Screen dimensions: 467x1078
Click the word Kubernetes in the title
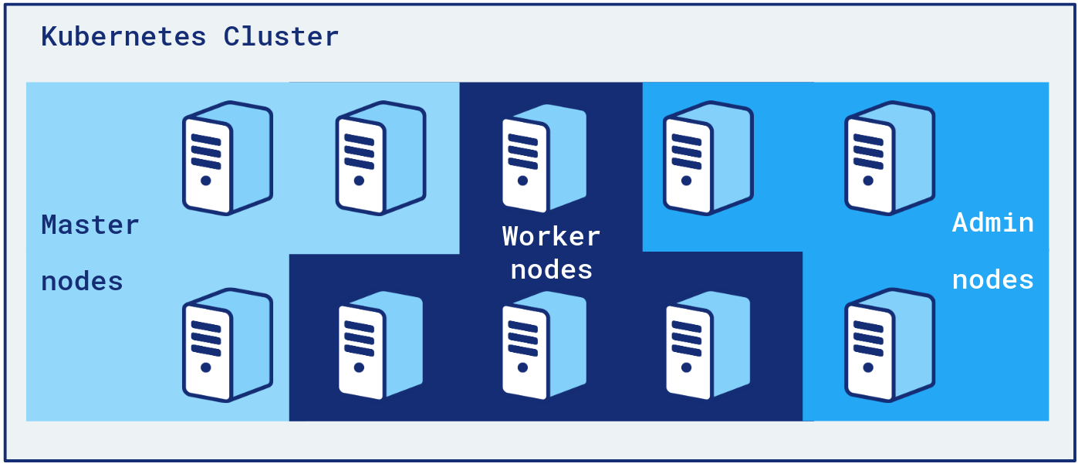(123, 36)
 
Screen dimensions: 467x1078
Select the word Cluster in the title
(281, 36)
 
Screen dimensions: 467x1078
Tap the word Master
(90, 225)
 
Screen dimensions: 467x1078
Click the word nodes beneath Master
(82, 281)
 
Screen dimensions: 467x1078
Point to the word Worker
(551, 236)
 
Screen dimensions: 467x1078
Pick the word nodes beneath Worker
(551, 269)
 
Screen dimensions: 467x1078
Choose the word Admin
(992, 222)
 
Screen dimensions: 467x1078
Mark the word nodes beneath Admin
(992, 279)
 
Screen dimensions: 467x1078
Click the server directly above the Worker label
(543, 158)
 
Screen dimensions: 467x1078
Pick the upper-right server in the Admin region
(889, 157)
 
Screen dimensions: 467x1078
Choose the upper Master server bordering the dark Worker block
(380, 158)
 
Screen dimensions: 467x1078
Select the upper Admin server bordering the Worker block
(708, 158)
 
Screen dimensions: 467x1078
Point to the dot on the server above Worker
(523, 181)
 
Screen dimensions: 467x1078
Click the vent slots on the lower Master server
(205, 339)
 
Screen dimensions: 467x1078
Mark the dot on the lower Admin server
(868, 367)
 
